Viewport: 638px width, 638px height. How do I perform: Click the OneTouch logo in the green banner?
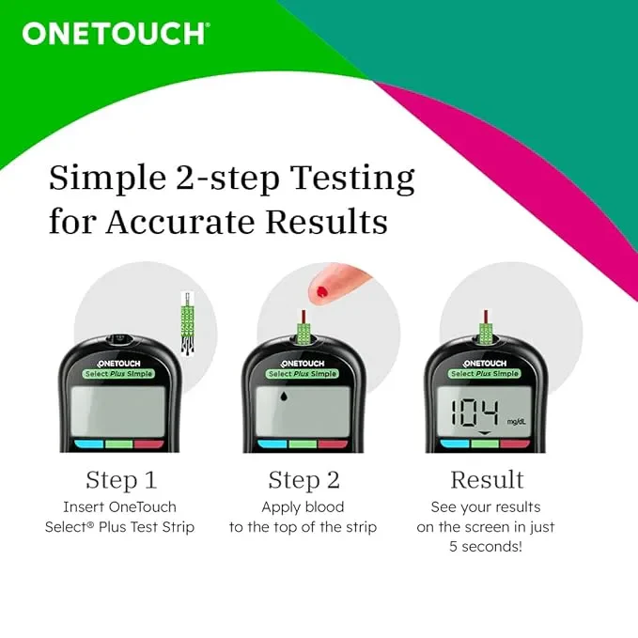[115, 33]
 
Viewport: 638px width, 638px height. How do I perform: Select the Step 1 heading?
[120, 480]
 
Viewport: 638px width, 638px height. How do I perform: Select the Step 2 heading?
[303, 480]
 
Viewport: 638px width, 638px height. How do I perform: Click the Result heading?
[487, 480]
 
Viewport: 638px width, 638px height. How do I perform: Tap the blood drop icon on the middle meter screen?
[285, 397]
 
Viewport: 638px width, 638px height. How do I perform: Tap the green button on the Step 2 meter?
[303, 443]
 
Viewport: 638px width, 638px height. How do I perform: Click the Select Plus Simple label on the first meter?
[118, 374]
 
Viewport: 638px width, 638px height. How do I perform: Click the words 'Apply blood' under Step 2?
[303, 506]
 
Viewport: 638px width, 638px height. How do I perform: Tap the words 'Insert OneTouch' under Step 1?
[119, 506]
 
